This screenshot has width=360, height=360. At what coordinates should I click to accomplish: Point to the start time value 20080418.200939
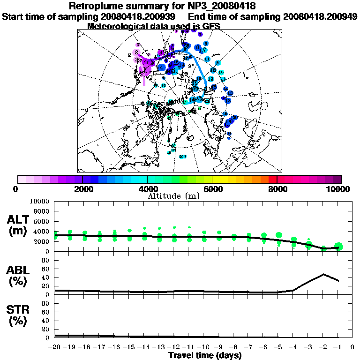pyautogui.click(x=139, y=16)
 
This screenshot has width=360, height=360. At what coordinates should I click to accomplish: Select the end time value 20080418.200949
pyautogui.click(x=320, y=16)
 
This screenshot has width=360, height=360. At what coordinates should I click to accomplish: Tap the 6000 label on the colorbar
pyautogui.click(x=212, y=189)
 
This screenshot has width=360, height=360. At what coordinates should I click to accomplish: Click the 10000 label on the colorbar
pyautogui.click(x=338, y=189)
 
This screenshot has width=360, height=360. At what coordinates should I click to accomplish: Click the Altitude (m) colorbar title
pyautogui.click(x=173, y=195)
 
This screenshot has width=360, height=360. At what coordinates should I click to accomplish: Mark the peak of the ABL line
pyautogui.click(x=323, y=274)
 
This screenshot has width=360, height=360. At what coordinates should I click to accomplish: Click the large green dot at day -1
pyautogui.click(x=338, y=247)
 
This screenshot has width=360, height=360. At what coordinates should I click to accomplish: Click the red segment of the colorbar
pyautogui.click(x=273, y=179)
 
